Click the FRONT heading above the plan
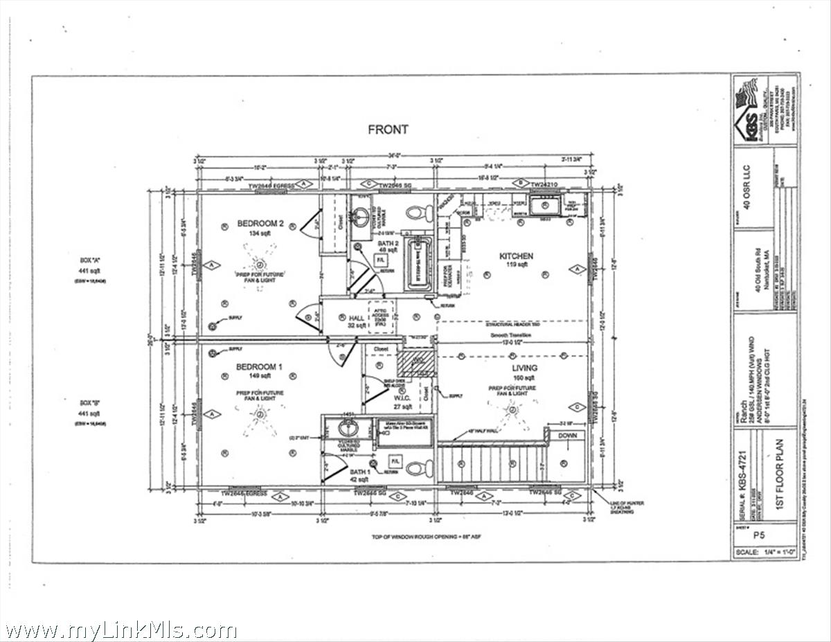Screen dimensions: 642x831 (x=388, y=129)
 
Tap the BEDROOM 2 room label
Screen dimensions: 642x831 (x=260, y=224)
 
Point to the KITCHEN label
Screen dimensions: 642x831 (x=516, y=256)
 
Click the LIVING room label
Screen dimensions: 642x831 (x=524, y=368)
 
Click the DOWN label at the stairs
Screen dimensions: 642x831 (x=567, y=436)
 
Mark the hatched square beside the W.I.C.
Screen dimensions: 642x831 (x=416, y=362)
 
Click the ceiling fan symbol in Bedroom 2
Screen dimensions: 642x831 (x=260, y=264)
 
